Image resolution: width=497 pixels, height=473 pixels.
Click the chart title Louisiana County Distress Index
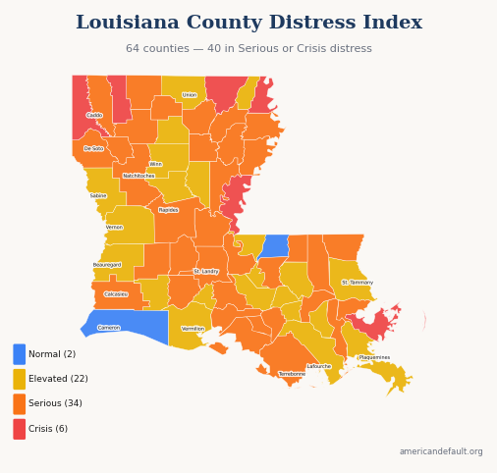248,23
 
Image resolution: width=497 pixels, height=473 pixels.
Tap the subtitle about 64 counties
248,49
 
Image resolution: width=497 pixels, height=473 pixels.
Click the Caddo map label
94,115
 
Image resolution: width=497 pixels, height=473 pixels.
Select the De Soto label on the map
93,148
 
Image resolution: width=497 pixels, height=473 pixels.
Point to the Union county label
190,95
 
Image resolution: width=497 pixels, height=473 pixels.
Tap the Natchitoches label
138,176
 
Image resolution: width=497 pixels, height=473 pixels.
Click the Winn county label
155,164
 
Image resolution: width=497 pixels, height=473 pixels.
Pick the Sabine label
98,195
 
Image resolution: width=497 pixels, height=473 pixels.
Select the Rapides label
168,210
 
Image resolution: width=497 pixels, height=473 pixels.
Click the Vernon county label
115,227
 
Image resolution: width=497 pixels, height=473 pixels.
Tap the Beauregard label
107,265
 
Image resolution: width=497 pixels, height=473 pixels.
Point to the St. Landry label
206,271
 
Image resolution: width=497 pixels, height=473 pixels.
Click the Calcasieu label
116,293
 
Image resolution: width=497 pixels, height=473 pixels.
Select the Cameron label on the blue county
109,328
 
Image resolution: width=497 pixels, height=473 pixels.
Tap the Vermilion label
193,329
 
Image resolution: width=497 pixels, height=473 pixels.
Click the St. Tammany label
358,283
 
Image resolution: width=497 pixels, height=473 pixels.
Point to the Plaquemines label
374,357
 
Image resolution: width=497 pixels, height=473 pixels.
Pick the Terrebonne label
292,374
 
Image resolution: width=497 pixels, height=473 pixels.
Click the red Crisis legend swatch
20,429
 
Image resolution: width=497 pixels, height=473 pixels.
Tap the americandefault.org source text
441,451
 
